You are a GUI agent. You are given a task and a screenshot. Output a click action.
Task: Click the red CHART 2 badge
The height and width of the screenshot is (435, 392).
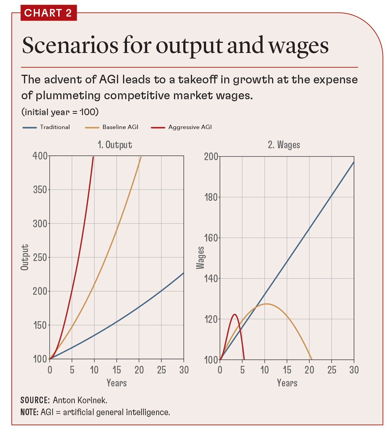[x=48, y=13]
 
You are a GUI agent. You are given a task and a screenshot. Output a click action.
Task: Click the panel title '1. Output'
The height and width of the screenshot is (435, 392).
[x=115, y=145]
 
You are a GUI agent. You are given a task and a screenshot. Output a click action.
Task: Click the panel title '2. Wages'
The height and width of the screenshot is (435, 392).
[x=284, y=145]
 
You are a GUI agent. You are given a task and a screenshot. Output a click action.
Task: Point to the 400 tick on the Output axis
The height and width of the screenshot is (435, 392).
[x=40, y=156]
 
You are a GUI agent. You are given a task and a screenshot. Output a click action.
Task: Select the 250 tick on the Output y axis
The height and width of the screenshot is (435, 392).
[x=40, y=257]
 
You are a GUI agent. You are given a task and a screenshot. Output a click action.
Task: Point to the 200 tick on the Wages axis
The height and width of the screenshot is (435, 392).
[x=211, y=156]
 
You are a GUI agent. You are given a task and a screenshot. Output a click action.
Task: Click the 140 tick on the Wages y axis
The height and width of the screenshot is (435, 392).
[x=211, y=279]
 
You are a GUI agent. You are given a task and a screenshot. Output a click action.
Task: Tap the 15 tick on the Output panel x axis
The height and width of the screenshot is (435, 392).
[x=117, y=370]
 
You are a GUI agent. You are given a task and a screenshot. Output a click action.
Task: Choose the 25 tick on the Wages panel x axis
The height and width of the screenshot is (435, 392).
[x=331, y=370]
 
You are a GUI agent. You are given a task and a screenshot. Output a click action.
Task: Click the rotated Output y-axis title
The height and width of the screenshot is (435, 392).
[x=25, y=257]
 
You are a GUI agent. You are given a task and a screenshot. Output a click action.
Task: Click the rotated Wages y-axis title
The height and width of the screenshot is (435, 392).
[x=200, y=258]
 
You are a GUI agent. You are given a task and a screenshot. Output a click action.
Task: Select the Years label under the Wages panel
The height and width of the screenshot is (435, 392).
[x=287, y=383]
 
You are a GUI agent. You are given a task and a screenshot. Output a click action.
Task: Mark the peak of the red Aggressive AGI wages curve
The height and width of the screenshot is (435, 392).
[x=235, y=314]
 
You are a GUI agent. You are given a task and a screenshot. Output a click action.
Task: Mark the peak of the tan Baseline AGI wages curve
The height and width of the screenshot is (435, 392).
[x=266, y=304]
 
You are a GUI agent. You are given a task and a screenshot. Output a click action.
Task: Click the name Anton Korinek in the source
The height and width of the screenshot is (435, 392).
[x=80, y=400]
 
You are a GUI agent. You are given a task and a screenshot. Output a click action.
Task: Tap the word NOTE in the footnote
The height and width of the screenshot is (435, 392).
[x=29, y=412]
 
